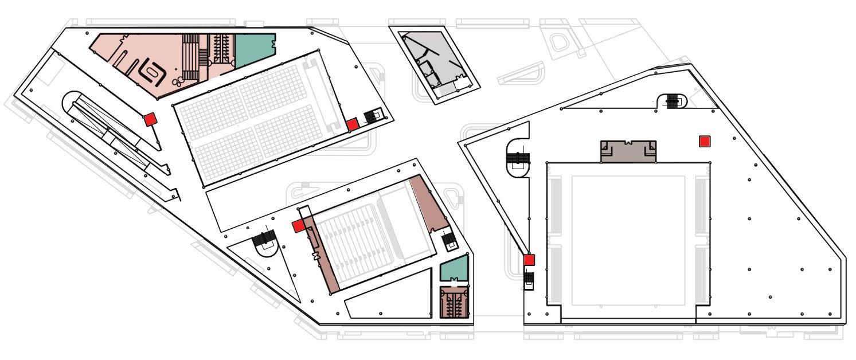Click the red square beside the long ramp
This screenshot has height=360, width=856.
[150, 119]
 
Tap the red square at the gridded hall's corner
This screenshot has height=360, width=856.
[353, 124]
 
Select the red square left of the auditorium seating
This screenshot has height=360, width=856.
[298, 226]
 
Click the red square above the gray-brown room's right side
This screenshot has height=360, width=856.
[705, 142]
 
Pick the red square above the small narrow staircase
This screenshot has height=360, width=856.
[529, 260]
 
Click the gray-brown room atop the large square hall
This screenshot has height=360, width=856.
[628, 151]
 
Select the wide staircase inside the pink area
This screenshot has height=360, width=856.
[191, 58]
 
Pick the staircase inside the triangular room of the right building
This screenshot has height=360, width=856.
[672, 101]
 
